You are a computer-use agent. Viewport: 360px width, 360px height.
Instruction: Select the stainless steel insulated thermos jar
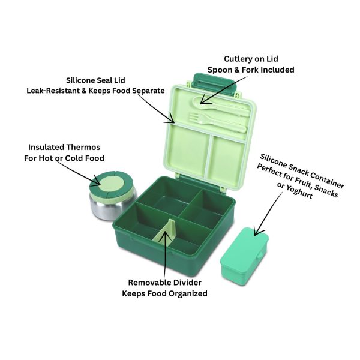pyautogui.click(x=113, y=196)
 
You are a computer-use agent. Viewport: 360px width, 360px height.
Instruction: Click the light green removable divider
pyautogui.click(x=164, y=233)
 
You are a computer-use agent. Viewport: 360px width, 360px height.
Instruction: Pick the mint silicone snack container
pyautogui.click(x=244, y=256)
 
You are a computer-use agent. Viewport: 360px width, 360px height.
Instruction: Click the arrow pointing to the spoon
pyautogui.click(x=223, y=90)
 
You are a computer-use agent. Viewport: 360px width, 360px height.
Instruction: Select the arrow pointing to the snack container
pyautogui.click(x=268, y=214)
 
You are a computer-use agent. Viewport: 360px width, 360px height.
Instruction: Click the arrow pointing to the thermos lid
pyautogui.click(x=78, y=173)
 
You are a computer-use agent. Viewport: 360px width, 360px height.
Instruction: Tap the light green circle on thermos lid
pyautogui.click(x=112, y=184)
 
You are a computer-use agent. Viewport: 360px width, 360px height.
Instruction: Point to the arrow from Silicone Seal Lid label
pyautogui.click(x=155, y=109)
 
